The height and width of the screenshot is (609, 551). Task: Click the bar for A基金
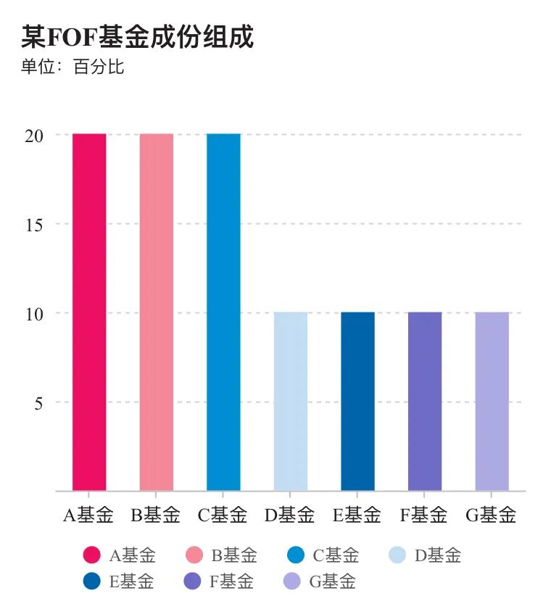click(x=89, y=312)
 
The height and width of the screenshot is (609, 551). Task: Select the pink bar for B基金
click(x=157, y=312)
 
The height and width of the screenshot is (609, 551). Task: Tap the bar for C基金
click(x=223, y=312)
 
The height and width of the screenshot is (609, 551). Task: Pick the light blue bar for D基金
click(x=291, y=401)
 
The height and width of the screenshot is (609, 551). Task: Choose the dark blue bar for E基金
click(x=357, y=401)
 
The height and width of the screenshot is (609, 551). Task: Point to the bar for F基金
click(x=425, y=401)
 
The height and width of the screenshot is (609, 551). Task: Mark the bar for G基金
click(x=492, y=401)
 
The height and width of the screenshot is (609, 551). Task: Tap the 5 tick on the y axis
click(x=38, y=402)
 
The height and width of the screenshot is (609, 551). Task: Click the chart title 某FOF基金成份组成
click(x=138, y=36)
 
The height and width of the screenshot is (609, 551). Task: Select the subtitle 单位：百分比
click(x=72, y=67)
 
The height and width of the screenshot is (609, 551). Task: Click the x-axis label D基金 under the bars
click(x=290, y=515)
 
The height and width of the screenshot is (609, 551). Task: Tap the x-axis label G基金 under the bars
click(x=492, y=515)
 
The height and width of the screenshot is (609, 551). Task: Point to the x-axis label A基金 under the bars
click(x=88, y=515)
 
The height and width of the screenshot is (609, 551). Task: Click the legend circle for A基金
click(x=92, y=555)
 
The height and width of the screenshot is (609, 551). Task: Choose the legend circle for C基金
click(x=296, y=555)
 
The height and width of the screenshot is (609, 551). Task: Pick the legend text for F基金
click(x=231, y=581)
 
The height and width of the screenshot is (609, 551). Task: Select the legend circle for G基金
click(x=291, y=581)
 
